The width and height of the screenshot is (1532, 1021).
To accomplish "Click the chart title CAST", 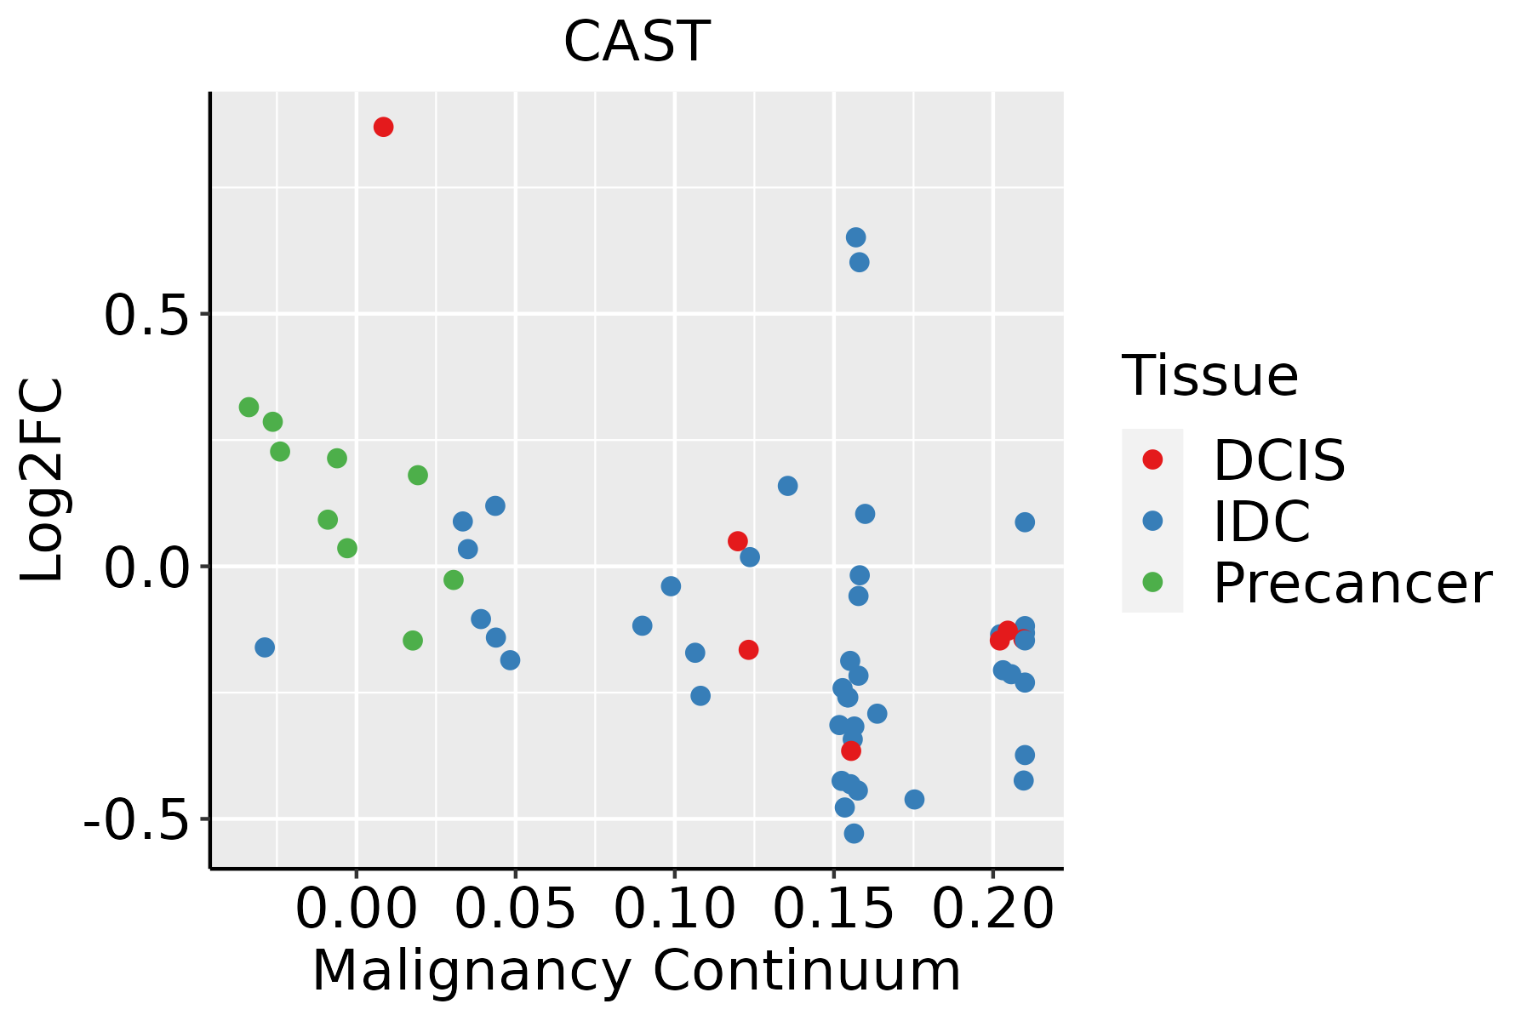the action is [x=637, y=41].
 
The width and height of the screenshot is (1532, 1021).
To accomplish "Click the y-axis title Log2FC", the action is [x=43, y=481].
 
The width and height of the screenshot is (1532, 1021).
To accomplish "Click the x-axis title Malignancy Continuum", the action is [x=637, y=972].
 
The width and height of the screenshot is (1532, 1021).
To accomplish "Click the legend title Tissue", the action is [x=1210, y=375].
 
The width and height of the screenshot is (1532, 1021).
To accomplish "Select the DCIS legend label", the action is [x=1279, y=460].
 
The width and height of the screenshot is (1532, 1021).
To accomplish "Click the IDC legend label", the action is [x=1261, y=522].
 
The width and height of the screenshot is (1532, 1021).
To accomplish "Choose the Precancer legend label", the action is [x=1352, y=583].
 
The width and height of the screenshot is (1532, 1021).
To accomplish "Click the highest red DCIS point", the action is [x=384, y=127].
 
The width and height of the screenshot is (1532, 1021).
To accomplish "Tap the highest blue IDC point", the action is [x=856, y=237].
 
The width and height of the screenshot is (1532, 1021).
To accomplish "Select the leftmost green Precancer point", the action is [x=249, y=408].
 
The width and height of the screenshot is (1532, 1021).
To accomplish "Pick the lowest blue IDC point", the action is [x=854, y=833].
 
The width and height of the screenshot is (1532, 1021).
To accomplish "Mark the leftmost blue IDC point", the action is [x=265, y=647].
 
